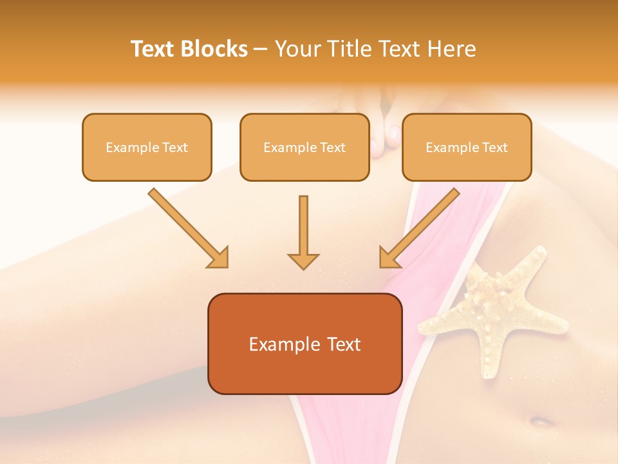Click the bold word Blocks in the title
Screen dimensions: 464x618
tap(213, 49)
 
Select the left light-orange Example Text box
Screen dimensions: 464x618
tap(147, 147)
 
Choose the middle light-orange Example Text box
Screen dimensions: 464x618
tap(304, 147)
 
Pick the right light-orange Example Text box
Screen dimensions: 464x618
tap(467, 147)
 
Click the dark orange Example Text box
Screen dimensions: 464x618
tap(304, 343)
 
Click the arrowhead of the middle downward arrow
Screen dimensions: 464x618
tap(303, 260)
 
